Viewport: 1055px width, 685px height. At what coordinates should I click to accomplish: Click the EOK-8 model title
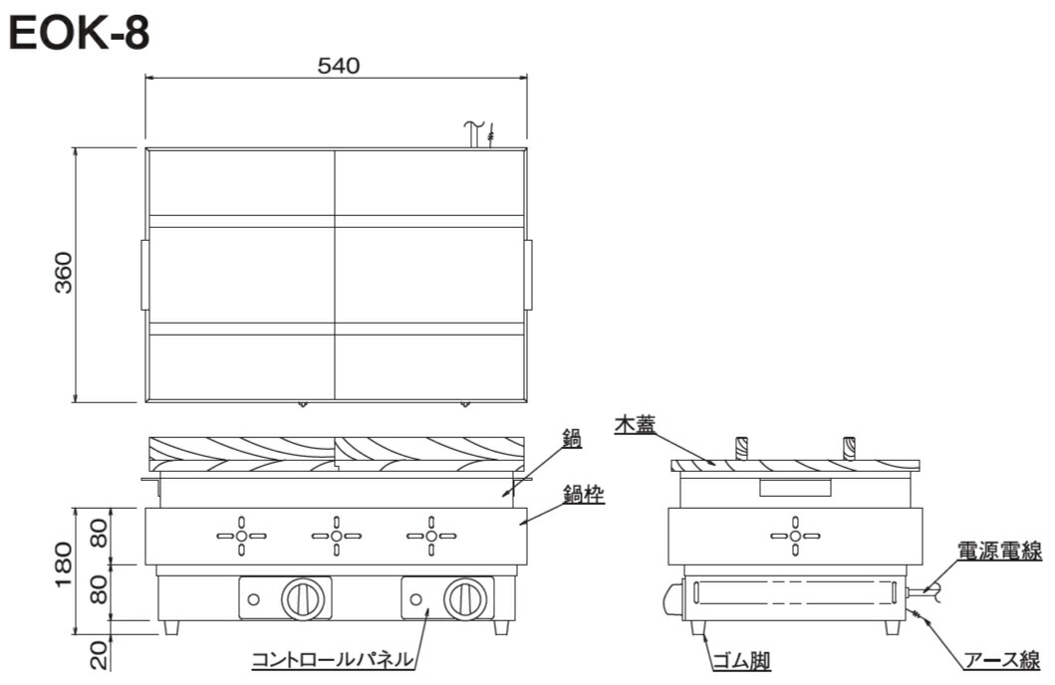(80, 34)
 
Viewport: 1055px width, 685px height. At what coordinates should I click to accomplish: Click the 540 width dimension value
(339, 66)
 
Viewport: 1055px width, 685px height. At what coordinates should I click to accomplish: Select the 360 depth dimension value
(63, 272)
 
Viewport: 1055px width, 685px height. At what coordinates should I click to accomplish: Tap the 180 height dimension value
(63, 565)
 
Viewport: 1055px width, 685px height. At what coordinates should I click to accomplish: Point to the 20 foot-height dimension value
(99, 654)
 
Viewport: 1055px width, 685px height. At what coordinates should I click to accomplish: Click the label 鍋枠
(584, 496)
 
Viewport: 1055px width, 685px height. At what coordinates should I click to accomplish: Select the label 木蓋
(635, 424)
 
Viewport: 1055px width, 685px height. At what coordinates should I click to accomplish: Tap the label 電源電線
(999, 552)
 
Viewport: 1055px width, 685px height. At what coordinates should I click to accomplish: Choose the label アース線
(1002, 660)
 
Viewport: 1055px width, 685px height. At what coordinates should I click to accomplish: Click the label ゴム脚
(741, 661)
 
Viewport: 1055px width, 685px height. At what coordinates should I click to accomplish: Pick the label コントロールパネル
(333, 659)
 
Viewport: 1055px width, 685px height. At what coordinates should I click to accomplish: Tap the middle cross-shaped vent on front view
(337, 536)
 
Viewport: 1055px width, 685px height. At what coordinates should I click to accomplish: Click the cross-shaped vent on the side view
(795, 536)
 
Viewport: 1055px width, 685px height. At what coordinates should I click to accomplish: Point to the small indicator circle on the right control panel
(416, 599)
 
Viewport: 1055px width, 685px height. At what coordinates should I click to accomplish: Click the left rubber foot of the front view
(172, 628)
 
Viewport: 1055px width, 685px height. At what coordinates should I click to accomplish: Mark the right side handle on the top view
(529, 274)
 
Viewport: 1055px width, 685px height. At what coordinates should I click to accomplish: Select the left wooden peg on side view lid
(741, 448)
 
